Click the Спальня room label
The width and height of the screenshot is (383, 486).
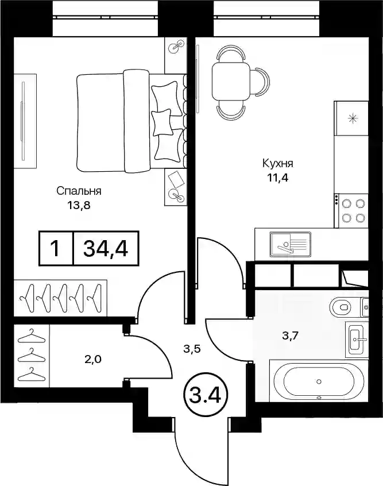(79, 191)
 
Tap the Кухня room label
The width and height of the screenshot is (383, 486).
(278, 163)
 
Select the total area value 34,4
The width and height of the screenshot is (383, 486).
(106, 248)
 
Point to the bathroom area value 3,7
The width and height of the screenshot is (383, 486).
(290, 335)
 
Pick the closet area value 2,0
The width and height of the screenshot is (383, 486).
(94, 360)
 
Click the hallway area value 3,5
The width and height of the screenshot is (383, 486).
(192, 349)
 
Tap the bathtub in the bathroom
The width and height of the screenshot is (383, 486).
(319, 381)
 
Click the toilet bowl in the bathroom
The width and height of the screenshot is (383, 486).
(341, 307)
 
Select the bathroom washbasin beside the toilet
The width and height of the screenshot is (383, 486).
(357, 339)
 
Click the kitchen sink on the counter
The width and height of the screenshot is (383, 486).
(291, 244)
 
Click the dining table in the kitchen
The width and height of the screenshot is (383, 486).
(230, 81)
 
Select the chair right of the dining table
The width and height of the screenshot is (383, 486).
(260, 81)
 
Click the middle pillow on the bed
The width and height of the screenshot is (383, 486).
(161, 122)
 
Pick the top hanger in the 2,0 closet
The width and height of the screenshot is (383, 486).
(32, 337)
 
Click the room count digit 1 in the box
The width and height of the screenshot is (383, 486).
(56, 248)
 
